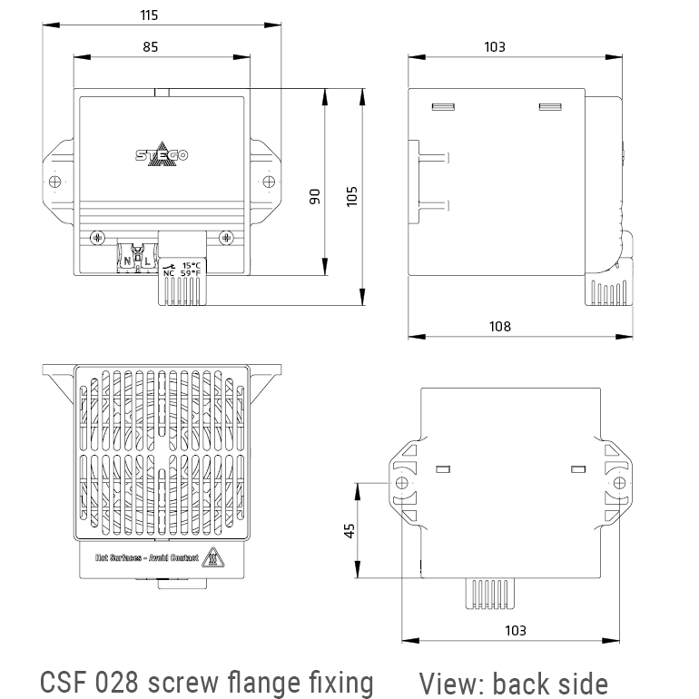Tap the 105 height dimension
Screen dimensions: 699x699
click(x=353, y=196)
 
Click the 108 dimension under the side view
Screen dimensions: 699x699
click(x=499, y=326)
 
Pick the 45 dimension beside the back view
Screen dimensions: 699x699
click(x=349, y=530)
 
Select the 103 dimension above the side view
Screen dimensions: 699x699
click(x=495, y=46)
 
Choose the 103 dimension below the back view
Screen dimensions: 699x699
click(x=514, y=629)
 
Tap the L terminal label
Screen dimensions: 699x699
click(x=147, y=261)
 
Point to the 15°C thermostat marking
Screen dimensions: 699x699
click(x=191, y=264)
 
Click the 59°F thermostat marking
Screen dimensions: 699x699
click(x=191, y=272)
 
